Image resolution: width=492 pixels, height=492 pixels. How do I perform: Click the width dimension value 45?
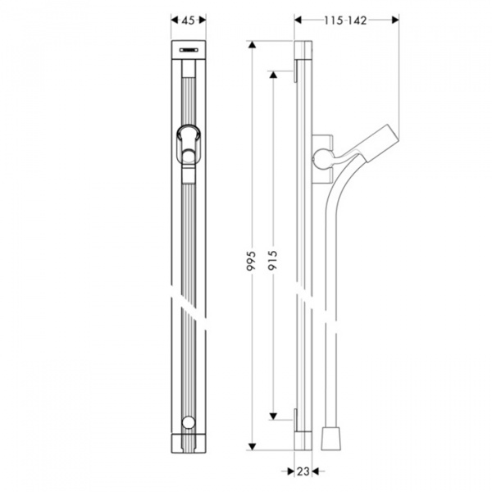pos(189,23)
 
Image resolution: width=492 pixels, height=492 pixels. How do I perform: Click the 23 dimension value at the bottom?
pos(302,471)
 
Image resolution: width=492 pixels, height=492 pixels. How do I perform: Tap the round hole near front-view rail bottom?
pos(189,423)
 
